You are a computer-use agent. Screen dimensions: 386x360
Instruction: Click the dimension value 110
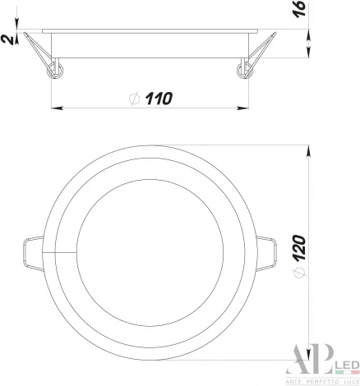coord(158,99)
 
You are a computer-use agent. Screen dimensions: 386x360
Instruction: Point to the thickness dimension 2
coord(7,38)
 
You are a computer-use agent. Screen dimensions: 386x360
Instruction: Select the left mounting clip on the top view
coord(30,250)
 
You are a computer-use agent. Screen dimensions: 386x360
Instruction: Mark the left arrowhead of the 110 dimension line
coord(56,107)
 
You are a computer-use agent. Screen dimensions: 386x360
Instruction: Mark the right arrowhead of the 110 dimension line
coord(246,107)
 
